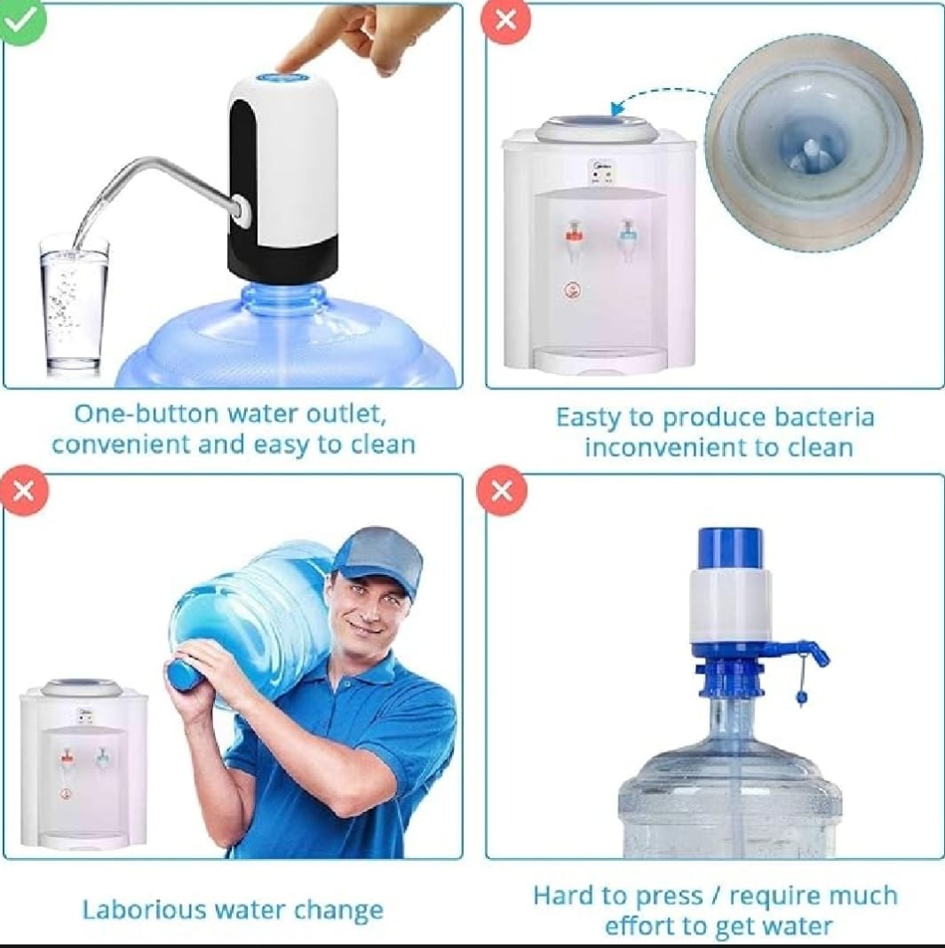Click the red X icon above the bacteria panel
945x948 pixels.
click(504, 20)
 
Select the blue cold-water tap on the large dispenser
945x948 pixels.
click(627, 238)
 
